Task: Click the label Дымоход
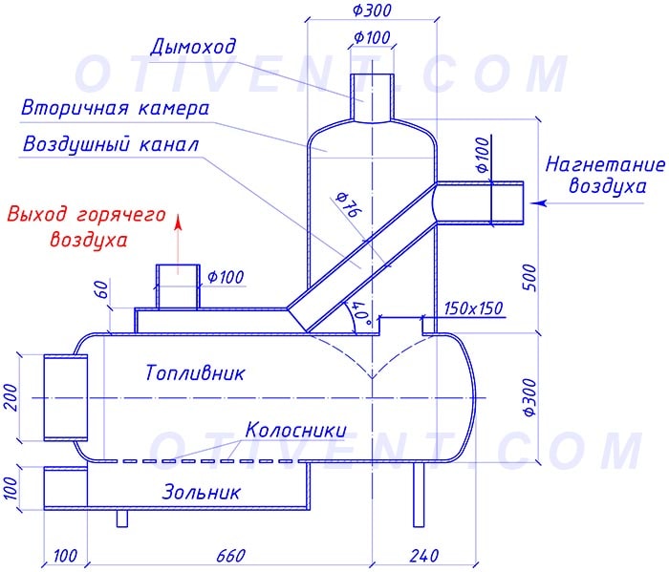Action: pyautogui.click(x=193, y=47)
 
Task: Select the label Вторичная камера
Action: pyautogui.click(x=115, y=108)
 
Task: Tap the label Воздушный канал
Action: pyautogui.click(x=111, y=146)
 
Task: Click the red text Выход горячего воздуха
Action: pyautogui.click(x=87, y=226)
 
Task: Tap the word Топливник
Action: pyautogui.click(x=195, y=372)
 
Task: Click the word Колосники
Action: pyautogui.click(x=296, y=430)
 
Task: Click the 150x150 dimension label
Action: pyautogui.click(x=474, y=309)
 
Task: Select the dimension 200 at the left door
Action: pyautogui.click(x=12, y=396)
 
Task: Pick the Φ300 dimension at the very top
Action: pyautogui.click(x=371, y=11)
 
